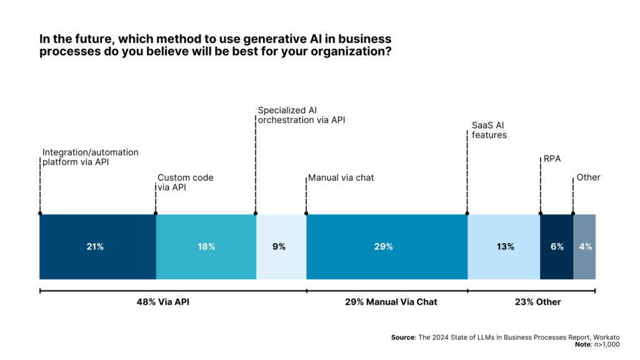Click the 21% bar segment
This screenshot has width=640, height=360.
97,247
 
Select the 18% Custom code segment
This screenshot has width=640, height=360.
206,247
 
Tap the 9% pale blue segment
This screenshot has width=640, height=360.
281,247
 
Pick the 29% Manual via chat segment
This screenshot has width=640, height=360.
386,247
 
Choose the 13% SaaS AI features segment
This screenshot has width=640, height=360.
503,247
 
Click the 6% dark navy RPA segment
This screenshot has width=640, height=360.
556,247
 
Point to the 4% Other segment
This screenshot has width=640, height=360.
585,247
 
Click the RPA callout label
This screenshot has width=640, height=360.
552,159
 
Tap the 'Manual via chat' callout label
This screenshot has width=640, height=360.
341,177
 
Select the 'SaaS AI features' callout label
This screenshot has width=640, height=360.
489,129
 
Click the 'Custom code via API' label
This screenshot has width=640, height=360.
185,182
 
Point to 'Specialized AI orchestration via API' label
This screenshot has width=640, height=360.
301,115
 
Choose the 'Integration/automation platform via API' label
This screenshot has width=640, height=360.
90,157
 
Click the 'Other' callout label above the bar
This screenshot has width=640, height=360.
588,177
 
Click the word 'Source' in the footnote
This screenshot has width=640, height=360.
403,337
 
